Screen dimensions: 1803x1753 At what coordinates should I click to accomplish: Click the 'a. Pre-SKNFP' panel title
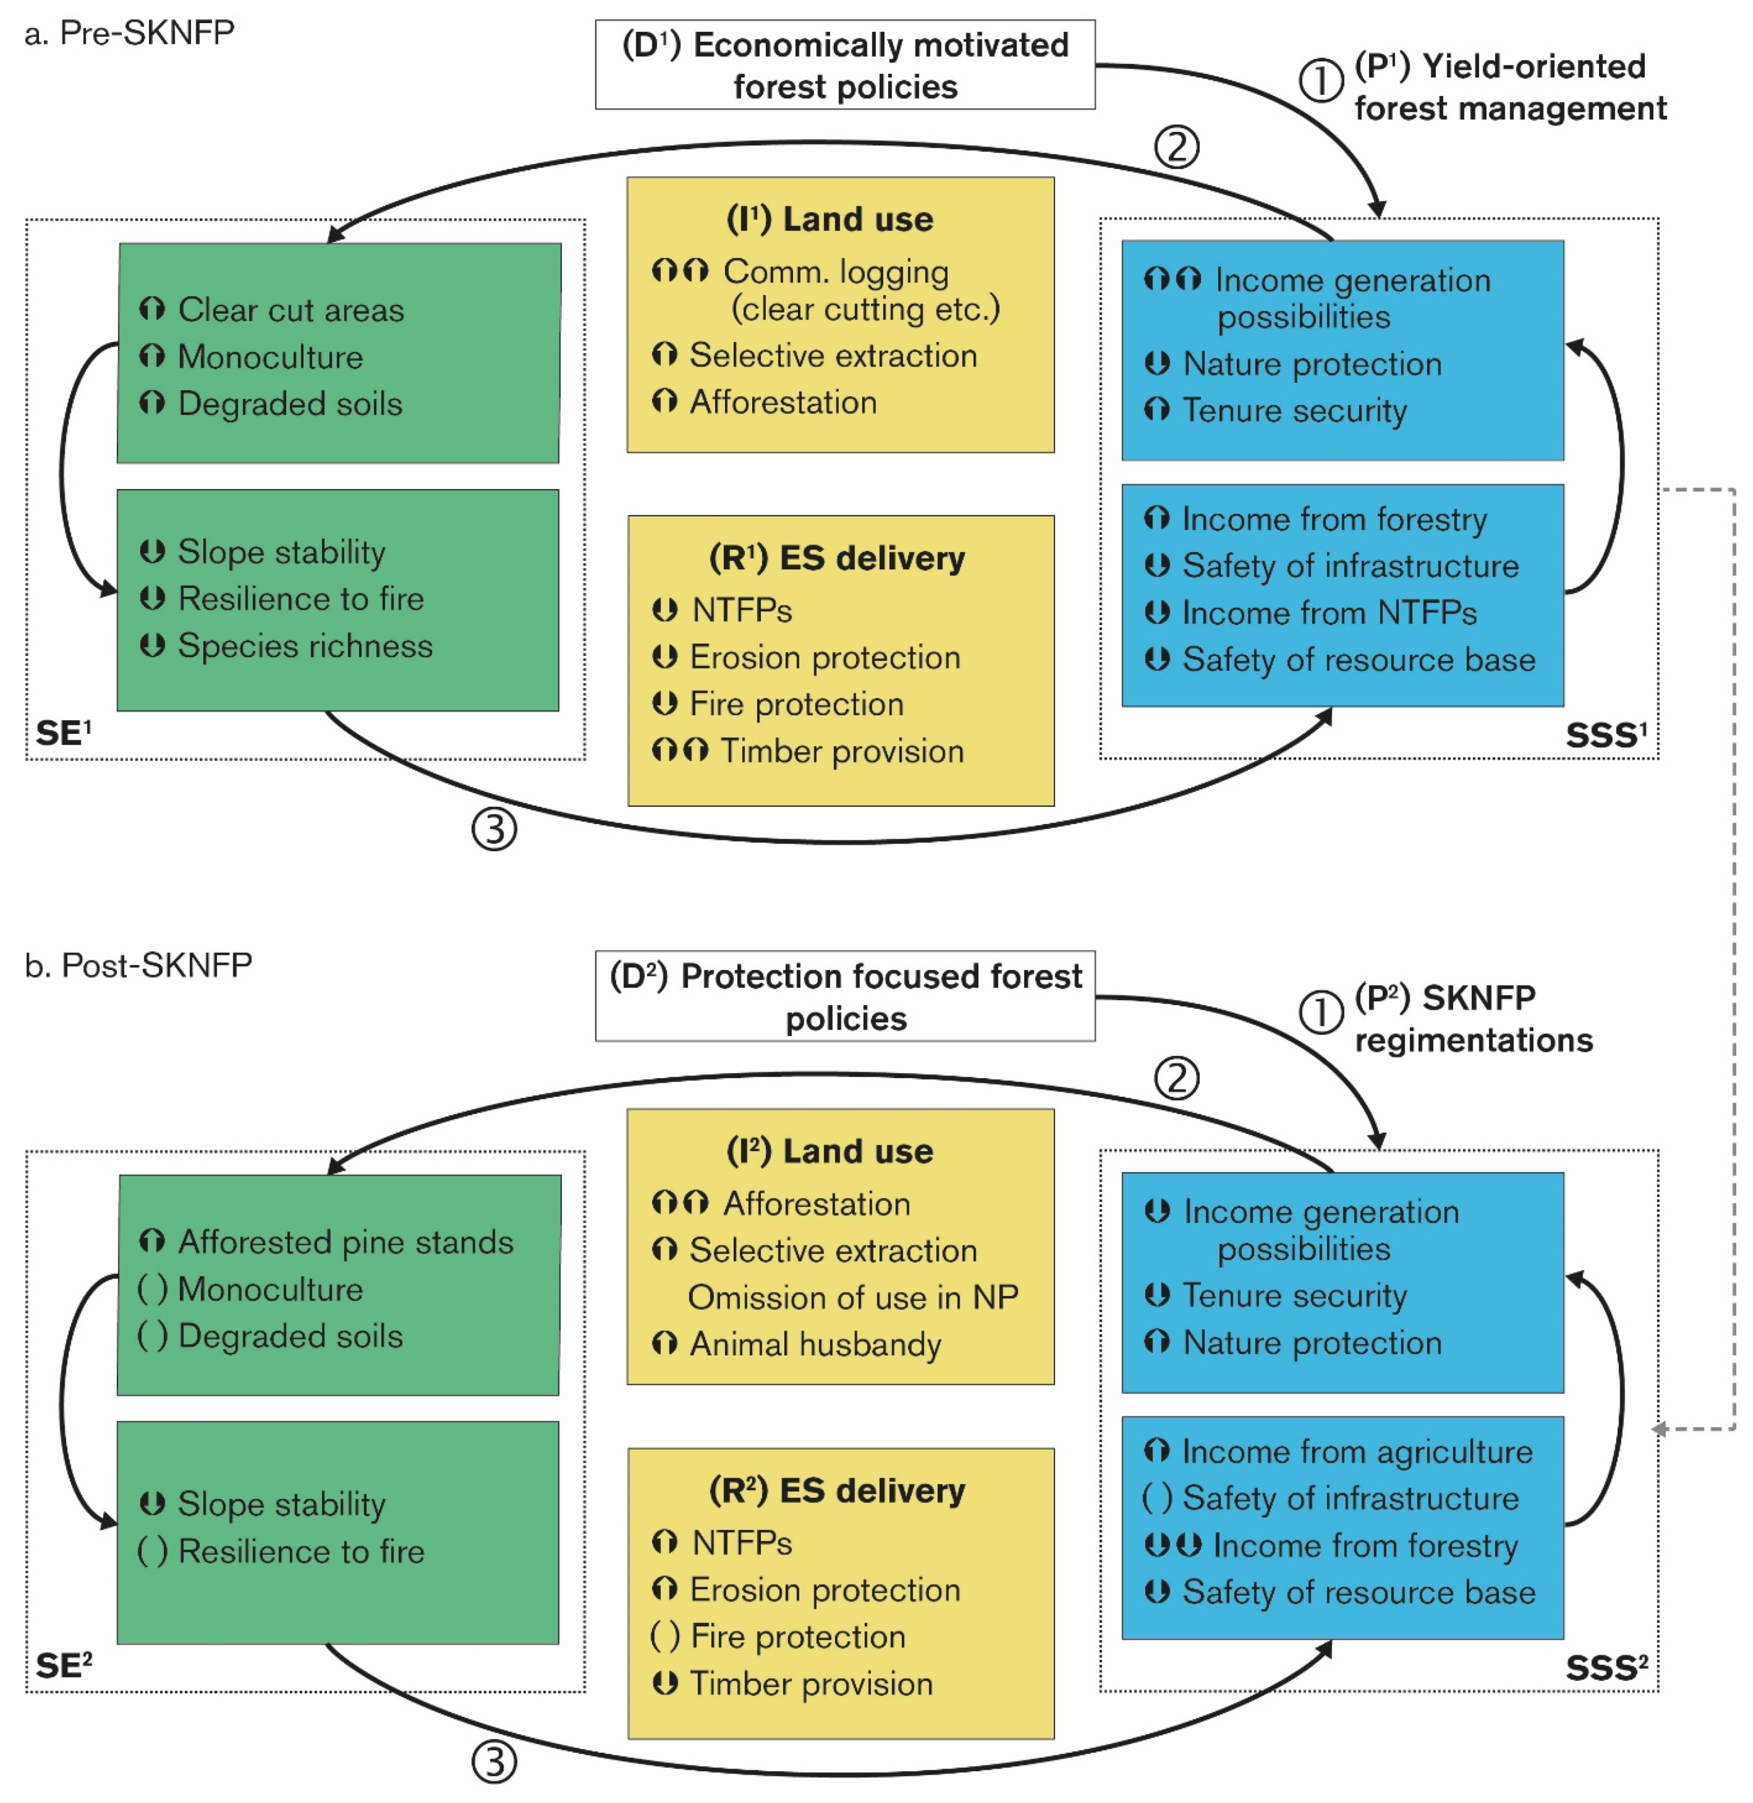(x=129, y=33)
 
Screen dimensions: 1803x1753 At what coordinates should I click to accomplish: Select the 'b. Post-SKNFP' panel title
(x=138, y=965)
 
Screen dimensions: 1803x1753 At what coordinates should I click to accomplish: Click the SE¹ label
(x=62, y=734)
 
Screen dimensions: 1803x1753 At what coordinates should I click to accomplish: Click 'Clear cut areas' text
(x=290, y=311)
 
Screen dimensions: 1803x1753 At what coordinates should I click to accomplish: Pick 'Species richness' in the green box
(x=304, y=646)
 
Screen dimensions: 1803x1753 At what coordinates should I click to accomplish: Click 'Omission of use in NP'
(x=852, y=1298)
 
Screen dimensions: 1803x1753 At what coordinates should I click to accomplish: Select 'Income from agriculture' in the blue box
(x=1356, y=1452)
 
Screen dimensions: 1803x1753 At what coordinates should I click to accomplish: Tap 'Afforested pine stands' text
(x=345, y=1242)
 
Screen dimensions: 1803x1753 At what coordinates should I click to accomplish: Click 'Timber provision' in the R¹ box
(x=841, y=752)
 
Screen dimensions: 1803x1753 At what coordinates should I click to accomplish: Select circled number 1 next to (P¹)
(x=1320, y=81)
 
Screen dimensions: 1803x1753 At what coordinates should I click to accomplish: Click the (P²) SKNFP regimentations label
(x=1473, y=1018)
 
